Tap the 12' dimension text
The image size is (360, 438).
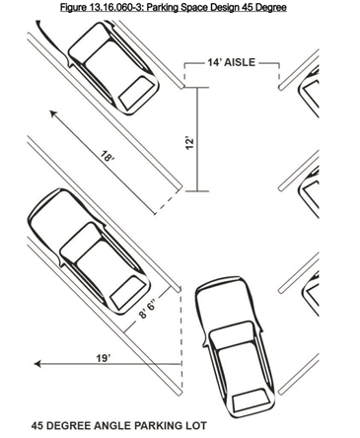(x=186, y=142)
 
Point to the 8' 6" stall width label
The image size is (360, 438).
(x=147, y=310)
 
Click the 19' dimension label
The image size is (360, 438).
(x=103, y=356)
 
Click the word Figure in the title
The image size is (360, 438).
(x=75, y=8)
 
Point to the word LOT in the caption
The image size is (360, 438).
(x=193, y=426)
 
